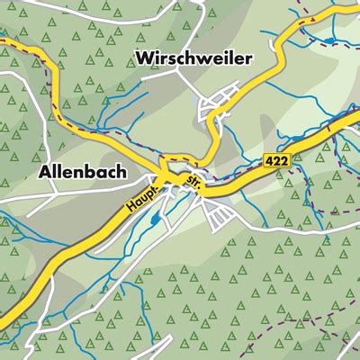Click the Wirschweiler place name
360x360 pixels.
(x=193, y=58)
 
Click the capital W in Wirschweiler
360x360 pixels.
(x=144, y=58)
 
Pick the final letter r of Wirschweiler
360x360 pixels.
(x=249, y=58)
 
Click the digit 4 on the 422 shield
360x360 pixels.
(x=270, y=158)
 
